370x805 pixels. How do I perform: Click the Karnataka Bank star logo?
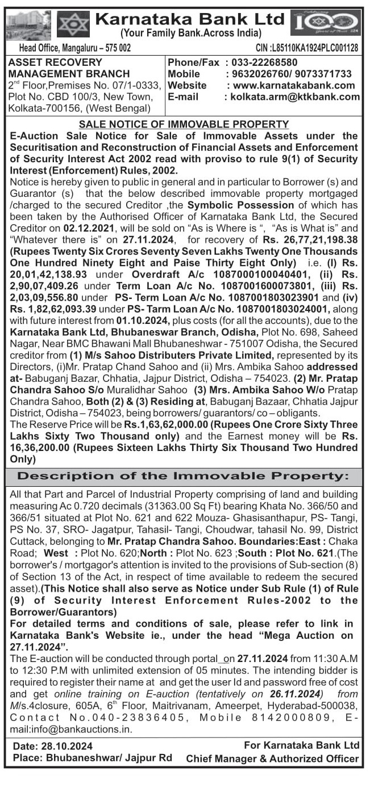click(x=73, y=24)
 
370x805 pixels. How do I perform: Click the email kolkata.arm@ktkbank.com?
click(x=295, y=96)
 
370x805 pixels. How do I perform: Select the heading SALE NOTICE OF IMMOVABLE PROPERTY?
click(x=184, y=124)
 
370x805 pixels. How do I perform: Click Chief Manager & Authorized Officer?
click(x=272, y=758)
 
